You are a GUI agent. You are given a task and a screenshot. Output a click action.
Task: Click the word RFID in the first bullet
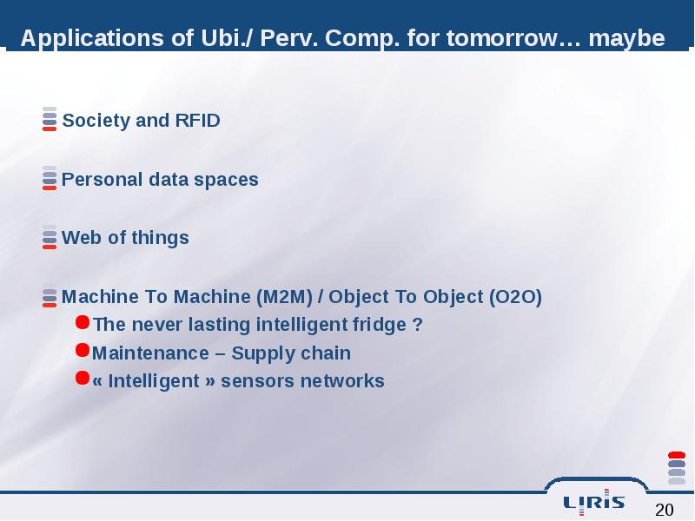coord(198,121)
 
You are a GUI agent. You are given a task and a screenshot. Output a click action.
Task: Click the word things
coord(160,239)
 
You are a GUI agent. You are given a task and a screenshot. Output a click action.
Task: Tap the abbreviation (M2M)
coord(285,297)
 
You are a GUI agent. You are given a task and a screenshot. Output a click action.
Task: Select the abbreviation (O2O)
coord(515,297)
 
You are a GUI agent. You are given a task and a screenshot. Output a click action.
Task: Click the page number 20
coord(664,510)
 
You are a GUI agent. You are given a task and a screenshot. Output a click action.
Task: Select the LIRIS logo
coord(594,502)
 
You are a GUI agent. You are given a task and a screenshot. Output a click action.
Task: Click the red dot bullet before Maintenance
coord(83,350)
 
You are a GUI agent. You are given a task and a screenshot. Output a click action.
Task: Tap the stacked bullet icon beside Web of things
coord(50,237)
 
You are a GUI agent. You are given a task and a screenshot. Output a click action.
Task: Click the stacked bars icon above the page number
coord(677,468)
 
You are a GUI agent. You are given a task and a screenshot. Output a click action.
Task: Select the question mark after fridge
coord(417,325)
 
